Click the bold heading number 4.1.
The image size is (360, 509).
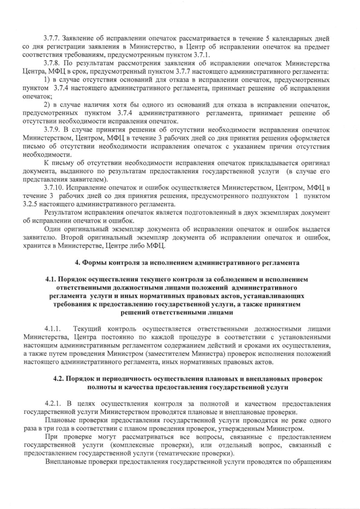[x=52, y=279]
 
